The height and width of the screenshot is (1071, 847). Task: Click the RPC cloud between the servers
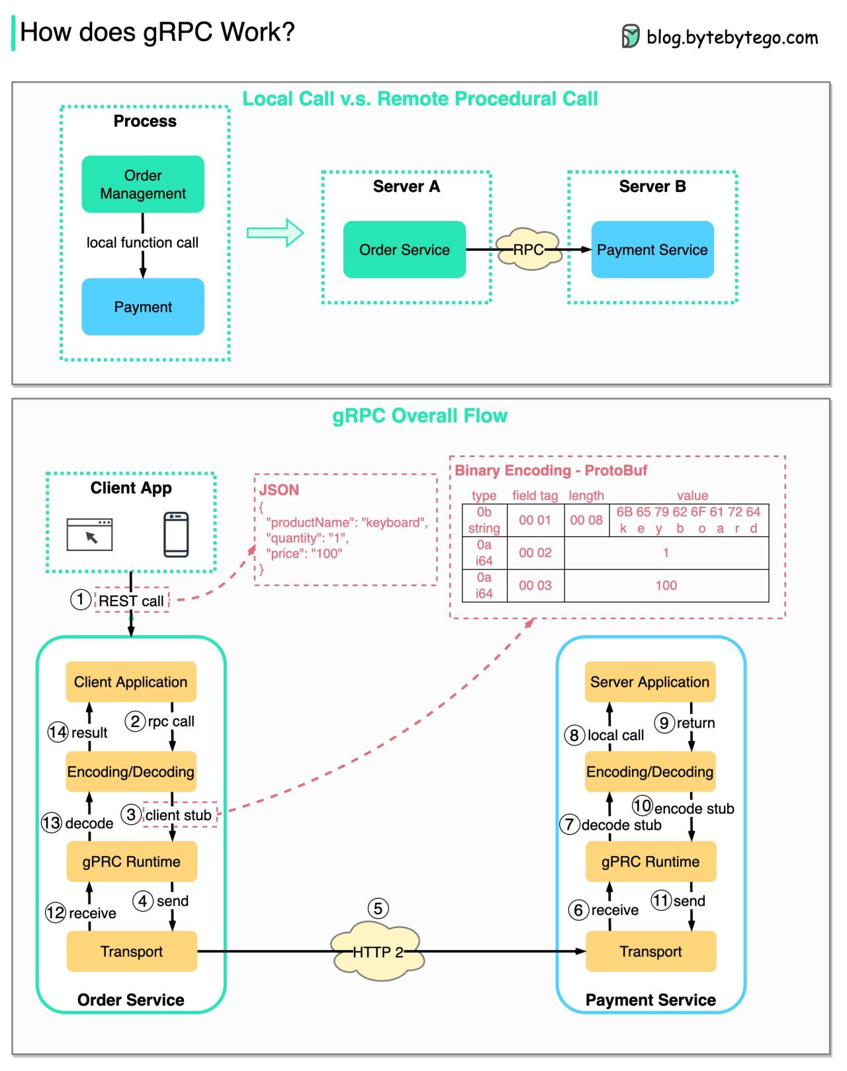[528, 249]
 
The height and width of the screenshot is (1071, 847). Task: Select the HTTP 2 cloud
[377, 952]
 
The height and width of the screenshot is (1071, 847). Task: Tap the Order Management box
[143, 185]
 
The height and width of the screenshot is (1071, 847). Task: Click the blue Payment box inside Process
[143, 307]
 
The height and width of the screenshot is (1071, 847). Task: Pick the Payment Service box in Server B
[652, 249]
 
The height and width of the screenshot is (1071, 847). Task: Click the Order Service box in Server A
[404, 249]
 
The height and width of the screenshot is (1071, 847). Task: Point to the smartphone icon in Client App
[176, 535]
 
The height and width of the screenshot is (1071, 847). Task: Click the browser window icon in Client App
[90, 535]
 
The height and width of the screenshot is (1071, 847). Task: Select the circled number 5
[378, 908]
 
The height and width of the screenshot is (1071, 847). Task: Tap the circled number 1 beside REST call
[81, 599]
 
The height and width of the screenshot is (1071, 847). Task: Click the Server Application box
[650, 682]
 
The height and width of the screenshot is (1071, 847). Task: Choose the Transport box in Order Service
[132, 951]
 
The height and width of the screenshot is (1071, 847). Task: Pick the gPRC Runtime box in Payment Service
[650, 861]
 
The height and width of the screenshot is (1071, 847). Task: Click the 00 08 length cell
[586, 520]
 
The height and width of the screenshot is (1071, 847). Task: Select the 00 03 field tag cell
[535, 585]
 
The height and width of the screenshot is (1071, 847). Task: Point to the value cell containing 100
[666, 585]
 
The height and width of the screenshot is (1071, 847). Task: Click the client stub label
[179, 815]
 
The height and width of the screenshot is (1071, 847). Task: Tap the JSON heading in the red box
[279, 490]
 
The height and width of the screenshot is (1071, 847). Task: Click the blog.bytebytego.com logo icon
[630, 36]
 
